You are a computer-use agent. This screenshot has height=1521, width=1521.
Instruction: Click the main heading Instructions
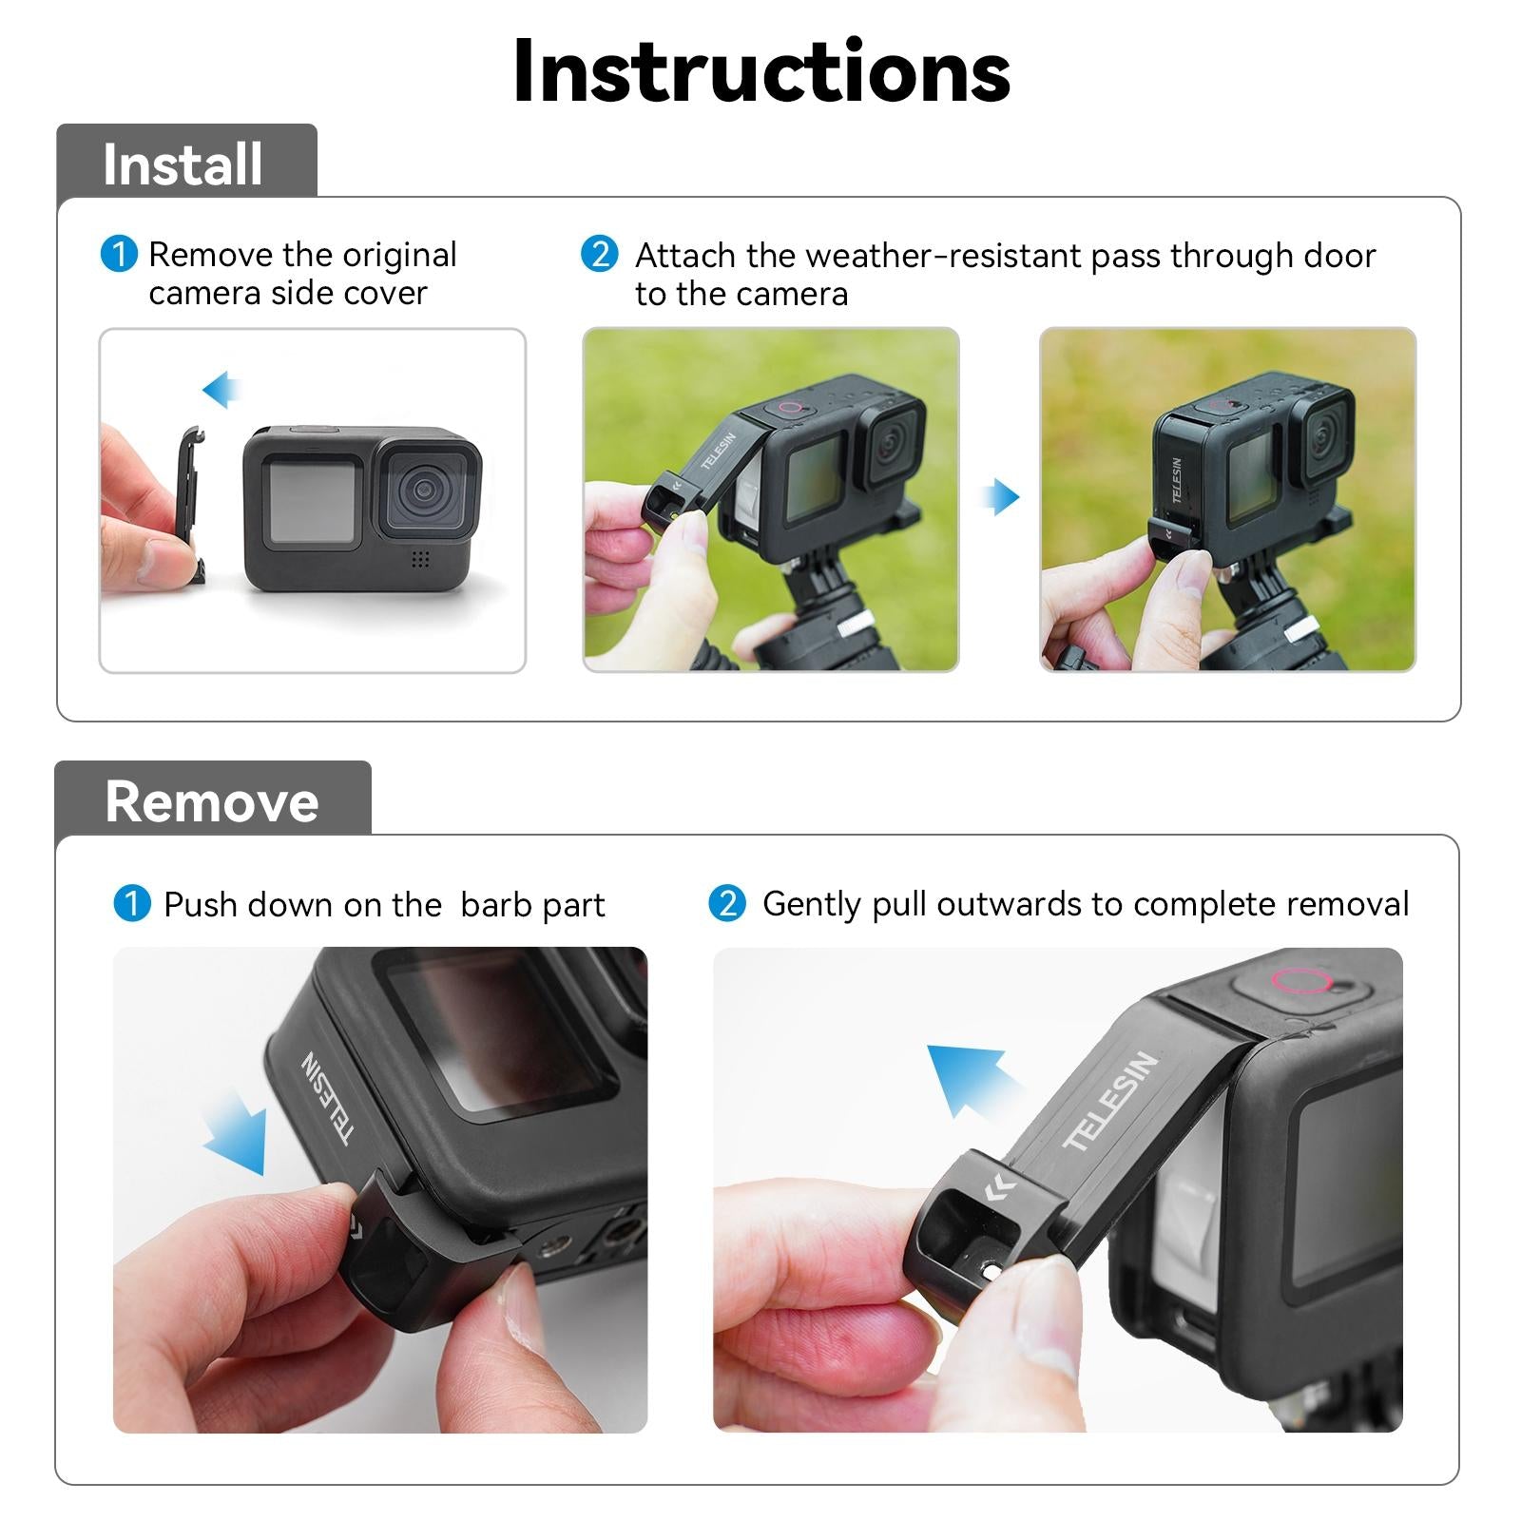click(760, 72)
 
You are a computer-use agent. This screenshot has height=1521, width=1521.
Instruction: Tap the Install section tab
click(183, 164)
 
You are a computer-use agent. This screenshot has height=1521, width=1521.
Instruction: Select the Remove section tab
click(212, 800)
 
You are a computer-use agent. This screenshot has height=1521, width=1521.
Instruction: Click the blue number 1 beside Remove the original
click(119, 255)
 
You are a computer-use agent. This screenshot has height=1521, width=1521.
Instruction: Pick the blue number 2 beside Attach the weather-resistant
click(599, 255)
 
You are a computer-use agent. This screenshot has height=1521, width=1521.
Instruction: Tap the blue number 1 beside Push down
click(131, 903)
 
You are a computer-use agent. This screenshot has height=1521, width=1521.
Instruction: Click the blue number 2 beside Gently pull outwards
click(727, 903)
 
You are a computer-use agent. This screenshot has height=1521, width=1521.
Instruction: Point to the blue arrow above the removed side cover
click(221, 389)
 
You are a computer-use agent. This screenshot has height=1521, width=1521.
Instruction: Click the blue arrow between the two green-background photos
click(1000, 496)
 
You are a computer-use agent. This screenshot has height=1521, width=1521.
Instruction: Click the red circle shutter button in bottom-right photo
click(1299, 981)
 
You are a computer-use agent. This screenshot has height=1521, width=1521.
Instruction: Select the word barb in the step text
click(491, 905)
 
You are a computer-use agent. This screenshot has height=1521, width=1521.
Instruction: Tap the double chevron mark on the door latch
click(1000, 1188)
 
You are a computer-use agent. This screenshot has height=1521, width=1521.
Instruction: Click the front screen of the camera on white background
click(312, 501)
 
